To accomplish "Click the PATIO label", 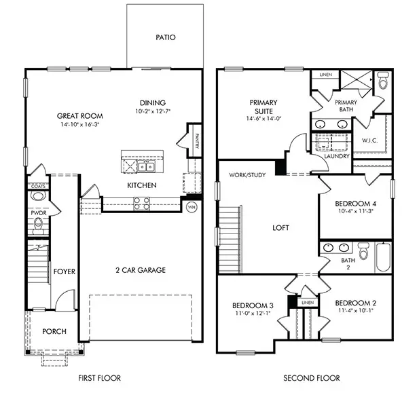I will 165,37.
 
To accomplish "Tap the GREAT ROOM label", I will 75,115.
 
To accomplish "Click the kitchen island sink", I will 145,166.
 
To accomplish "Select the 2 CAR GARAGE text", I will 141,270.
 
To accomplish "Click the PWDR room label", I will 37,212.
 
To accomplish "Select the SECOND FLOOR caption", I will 312,378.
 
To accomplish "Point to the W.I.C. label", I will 369,141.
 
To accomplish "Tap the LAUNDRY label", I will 337,156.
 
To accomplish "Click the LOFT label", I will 280,228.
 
